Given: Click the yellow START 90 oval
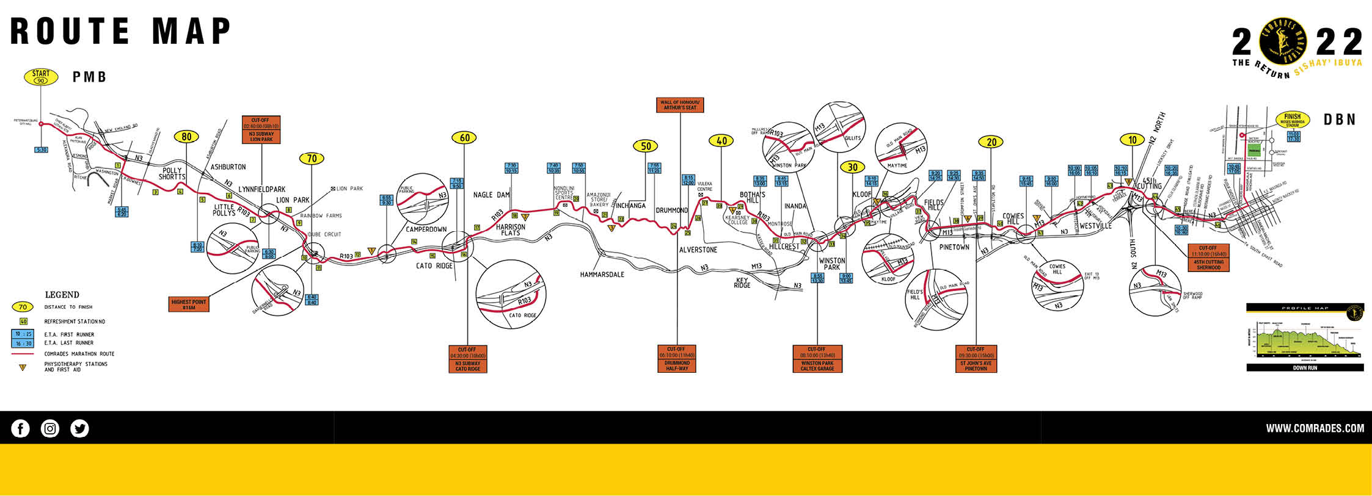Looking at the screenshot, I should point(41,77).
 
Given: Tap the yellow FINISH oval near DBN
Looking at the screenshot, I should point(1292,120).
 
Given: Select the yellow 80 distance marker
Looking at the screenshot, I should point(186,137).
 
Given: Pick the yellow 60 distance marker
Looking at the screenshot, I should point(464,138).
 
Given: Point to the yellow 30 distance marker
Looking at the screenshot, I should point(852,167).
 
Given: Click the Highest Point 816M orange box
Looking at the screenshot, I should point(189,304).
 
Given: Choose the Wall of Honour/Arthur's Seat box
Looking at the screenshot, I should point(680,105).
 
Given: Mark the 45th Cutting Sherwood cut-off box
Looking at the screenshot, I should point(1208,257).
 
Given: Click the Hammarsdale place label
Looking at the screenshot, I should point(602,275).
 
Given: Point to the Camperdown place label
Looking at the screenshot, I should point(426,229).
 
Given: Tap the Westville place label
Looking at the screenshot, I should point(1095,226).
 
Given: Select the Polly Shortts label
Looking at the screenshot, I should point(172,174).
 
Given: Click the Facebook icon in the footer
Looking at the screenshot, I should point(20,429).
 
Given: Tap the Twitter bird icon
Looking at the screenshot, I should point(79,429).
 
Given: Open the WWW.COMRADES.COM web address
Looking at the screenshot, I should point(1315,428).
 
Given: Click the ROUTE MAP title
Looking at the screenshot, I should point(121,31).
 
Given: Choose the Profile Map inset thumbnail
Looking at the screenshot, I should point(1305,337).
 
